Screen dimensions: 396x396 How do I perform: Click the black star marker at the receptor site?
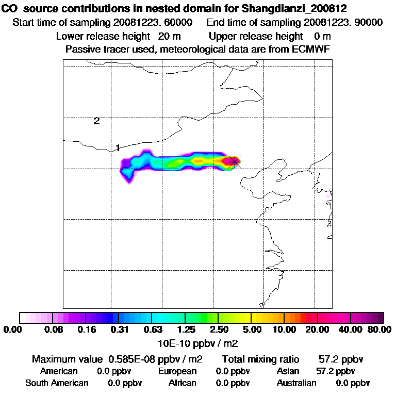[235, 161]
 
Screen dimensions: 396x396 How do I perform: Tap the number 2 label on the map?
[96, 121]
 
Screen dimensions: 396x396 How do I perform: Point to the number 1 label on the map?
[118, 148]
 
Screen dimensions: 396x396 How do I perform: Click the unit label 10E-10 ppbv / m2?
[198, 342]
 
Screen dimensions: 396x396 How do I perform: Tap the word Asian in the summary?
[289, 371]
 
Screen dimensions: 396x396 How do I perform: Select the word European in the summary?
[177, 371]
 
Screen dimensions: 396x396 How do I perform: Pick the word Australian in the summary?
[296, 383]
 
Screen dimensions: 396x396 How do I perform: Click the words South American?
[57, 383]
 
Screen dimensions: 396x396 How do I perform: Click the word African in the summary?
[182, 383]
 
